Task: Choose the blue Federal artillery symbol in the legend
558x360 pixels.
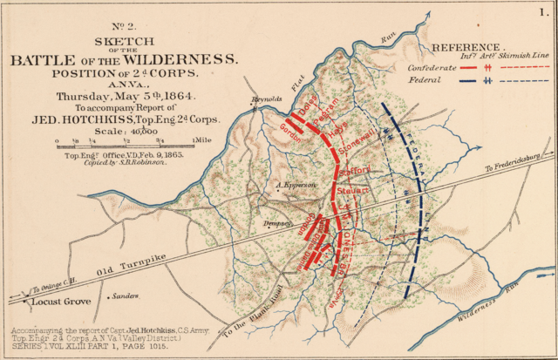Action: tap(489, 80)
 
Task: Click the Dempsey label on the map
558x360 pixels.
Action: tap(276, 224)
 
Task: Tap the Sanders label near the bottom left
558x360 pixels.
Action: tap(126, 295)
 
